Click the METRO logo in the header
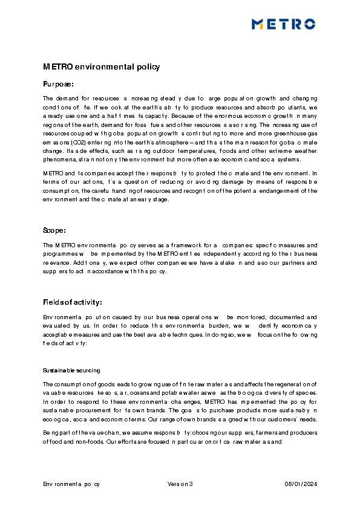(x=283, y=24)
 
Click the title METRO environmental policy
(x=101, y=66)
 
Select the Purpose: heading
(x=58, y=84)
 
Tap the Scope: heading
(x=54, y=230)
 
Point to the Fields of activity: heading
(x=73, y=302)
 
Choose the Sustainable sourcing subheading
(x=71, y=370)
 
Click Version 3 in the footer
(x=180, y=484)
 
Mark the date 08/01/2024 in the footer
(x=301, y=484)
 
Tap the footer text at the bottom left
(x=71, y=484)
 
